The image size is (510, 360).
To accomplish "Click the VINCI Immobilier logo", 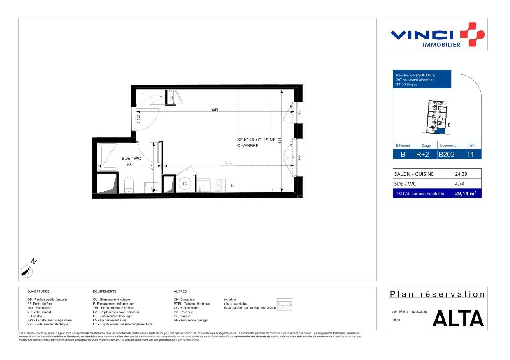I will point(437,35).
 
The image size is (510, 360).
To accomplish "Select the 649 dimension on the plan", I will point(215,110).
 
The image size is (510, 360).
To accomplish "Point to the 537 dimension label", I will point(229,164).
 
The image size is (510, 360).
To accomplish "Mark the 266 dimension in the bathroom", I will point(129,164).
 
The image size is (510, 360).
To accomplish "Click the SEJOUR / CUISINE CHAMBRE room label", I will point(256,143).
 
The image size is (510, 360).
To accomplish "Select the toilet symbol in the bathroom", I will point(129,184).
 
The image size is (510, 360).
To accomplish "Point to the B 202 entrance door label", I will point(139,119).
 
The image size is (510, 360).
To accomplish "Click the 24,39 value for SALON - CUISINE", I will point(461,174).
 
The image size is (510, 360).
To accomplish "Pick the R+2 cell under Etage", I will point(423,155).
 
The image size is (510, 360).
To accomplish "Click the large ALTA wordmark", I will point(458,318).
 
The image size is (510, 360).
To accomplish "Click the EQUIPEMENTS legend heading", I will point(104,291).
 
